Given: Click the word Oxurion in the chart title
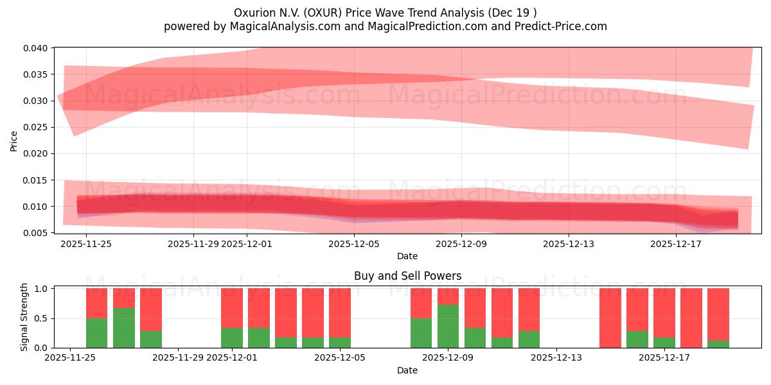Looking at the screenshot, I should (x=255, y=13).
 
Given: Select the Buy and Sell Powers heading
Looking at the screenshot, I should (x=407, y=276).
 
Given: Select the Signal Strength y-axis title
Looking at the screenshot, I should (x=24, y=316).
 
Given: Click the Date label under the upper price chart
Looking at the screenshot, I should (x=407, y=256).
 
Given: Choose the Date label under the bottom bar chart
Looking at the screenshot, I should (x=407, y=370).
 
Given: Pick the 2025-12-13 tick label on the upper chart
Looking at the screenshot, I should (x=568, y=244).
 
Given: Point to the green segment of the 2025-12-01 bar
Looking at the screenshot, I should (x=232, y=338).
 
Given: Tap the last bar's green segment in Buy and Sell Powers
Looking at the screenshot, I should (x=718, y=344).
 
